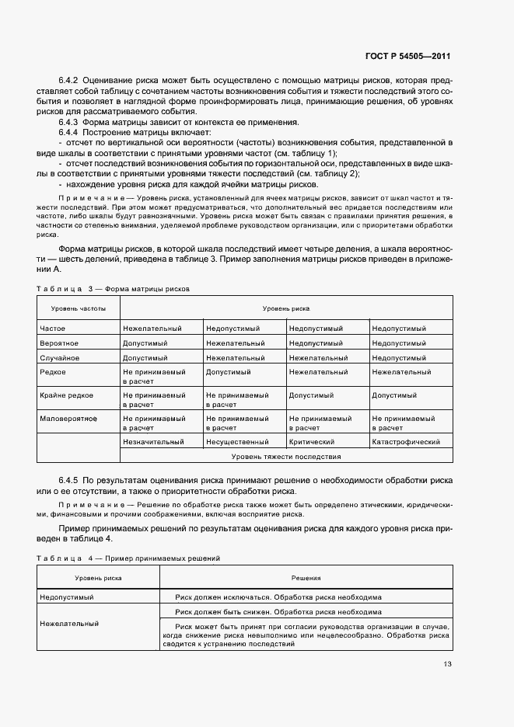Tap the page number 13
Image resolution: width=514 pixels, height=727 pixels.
[x=446, y=664]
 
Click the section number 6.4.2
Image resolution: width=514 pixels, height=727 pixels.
[x=68, y=80]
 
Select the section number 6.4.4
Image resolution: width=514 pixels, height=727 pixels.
[x=68, y=133]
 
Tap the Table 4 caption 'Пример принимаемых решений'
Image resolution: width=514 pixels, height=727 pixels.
[x=162, y=558]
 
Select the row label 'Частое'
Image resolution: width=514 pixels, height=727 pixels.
[x=53, y=329]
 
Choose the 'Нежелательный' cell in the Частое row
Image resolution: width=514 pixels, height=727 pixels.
[x=152, y=329]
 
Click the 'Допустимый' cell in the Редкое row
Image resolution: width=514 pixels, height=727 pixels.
[x=227, y=372]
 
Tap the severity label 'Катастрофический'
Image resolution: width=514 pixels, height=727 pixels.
[x=406, y=442]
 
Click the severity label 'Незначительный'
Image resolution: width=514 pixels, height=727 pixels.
[x=153, y=442]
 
